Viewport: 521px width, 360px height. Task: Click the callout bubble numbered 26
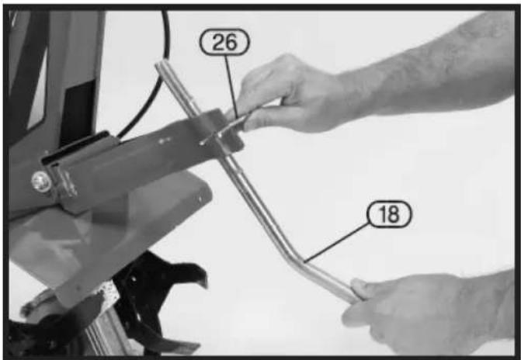pyautogui.click(x=224, y=42)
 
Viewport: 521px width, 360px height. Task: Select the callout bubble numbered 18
pyautogui.click(x=389, y=214)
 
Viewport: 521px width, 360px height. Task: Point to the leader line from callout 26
pyautogui.click(x=231, y=86)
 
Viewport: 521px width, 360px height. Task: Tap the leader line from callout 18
pyautogui.click(x=336, y=243)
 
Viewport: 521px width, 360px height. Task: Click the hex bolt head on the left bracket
pyautogui.click(x=41, y=182)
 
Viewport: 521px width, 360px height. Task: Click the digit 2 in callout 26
pyautogui.click(x=217, y=42)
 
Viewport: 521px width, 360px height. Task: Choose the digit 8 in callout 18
pyautogui.click(x=394, y=215)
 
